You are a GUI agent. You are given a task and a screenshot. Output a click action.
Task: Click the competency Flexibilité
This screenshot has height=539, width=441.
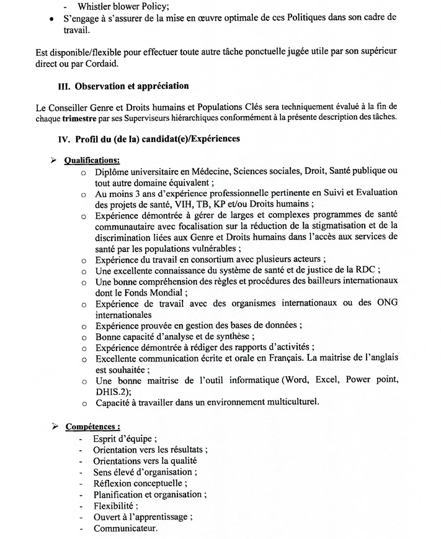click(x=115, y=505)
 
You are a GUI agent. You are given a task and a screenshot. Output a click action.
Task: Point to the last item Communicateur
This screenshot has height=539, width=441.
click(x=125, y=528)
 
